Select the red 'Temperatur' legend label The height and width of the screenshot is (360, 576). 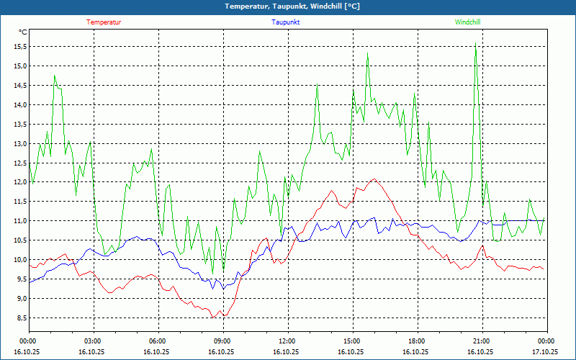click(104, 22)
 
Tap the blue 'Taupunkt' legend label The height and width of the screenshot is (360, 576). click(286, 22)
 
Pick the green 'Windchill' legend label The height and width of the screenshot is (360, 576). click(467, 22)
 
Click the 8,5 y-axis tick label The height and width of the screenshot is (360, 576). click(22, 318)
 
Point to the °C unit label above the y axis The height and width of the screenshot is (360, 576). click(23, 32)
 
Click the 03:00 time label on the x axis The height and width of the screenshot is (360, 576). click(93, 341)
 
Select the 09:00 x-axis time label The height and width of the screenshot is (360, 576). click(222, 341)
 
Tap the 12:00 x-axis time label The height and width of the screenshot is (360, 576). click(287, 341)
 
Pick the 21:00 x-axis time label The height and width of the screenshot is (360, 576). click(481, 341)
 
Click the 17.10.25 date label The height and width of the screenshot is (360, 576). click(545, 352)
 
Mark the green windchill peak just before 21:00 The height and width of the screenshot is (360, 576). click(475, 43)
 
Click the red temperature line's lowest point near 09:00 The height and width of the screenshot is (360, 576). click(213, 317)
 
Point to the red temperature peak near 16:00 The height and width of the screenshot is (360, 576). click(374, 179)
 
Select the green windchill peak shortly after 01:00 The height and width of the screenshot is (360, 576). click(54, 76)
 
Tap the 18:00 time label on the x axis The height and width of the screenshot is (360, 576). click(416, 341)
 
